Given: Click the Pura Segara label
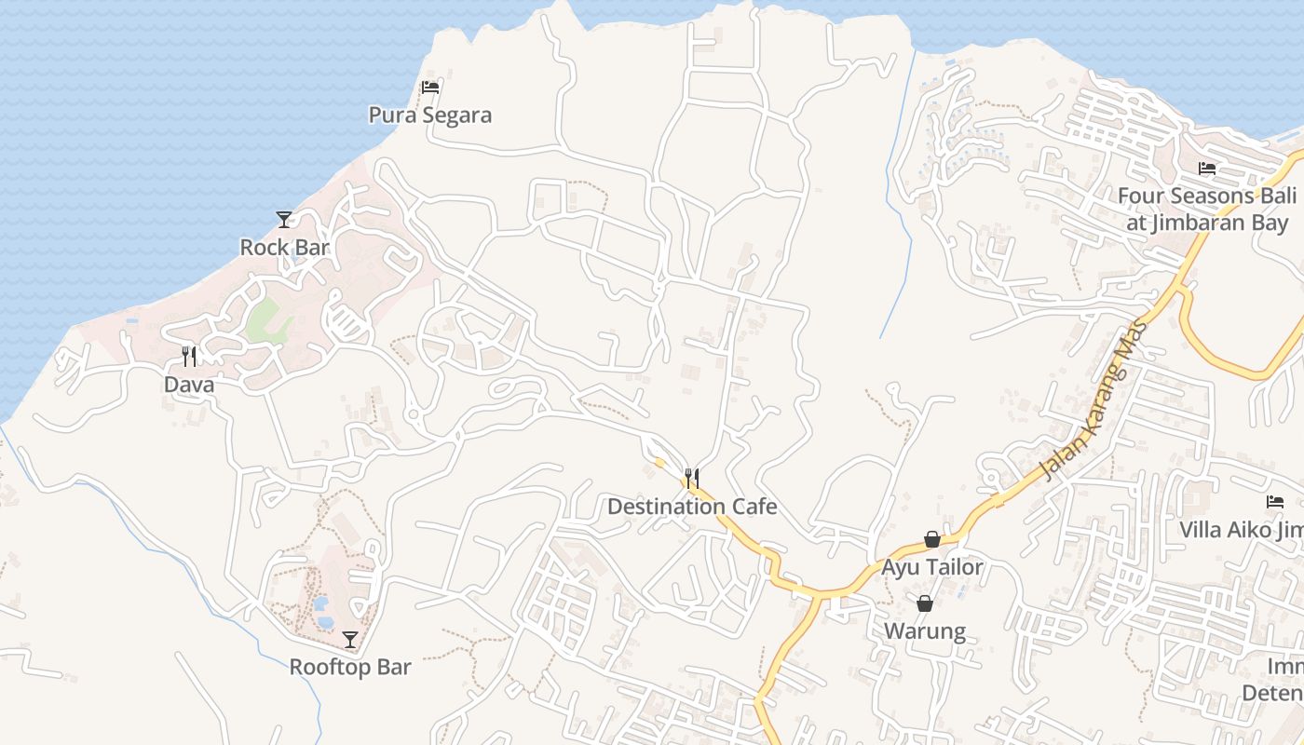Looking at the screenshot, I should pos(429,115).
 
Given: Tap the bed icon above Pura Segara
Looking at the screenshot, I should pos(429,88).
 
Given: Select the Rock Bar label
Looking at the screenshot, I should pos(285,248).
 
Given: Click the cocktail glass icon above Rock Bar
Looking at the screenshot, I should pos(284,220).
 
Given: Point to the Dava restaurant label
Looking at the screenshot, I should pos(189,385).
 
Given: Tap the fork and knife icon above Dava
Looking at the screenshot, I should pos(189,356).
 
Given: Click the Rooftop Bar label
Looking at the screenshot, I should pos(349,667).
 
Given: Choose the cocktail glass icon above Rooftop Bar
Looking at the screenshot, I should pos(350,639).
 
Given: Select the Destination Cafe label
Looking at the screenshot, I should pos(692,507).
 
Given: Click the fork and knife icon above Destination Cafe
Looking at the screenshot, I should pos(691,479).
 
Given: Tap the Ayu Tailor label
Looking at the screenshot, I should pos(931,566).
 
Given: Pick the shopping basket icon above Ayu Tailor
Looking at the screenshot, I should pos(931,539).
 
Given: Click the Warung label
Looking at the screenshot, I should pos(924,630).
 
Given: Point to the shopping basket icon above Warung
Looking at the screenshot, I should pos(925,603).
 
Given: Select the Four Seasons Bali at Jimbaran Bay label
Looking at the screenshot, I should pos(1207,210).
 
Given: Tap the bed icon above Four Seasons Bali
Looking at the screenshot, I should pos(1207,169).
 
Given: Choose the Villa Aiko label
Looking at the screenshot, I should pos(1241,530).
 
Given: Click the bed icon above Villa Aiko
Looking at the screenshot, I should pos(1275,502).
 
